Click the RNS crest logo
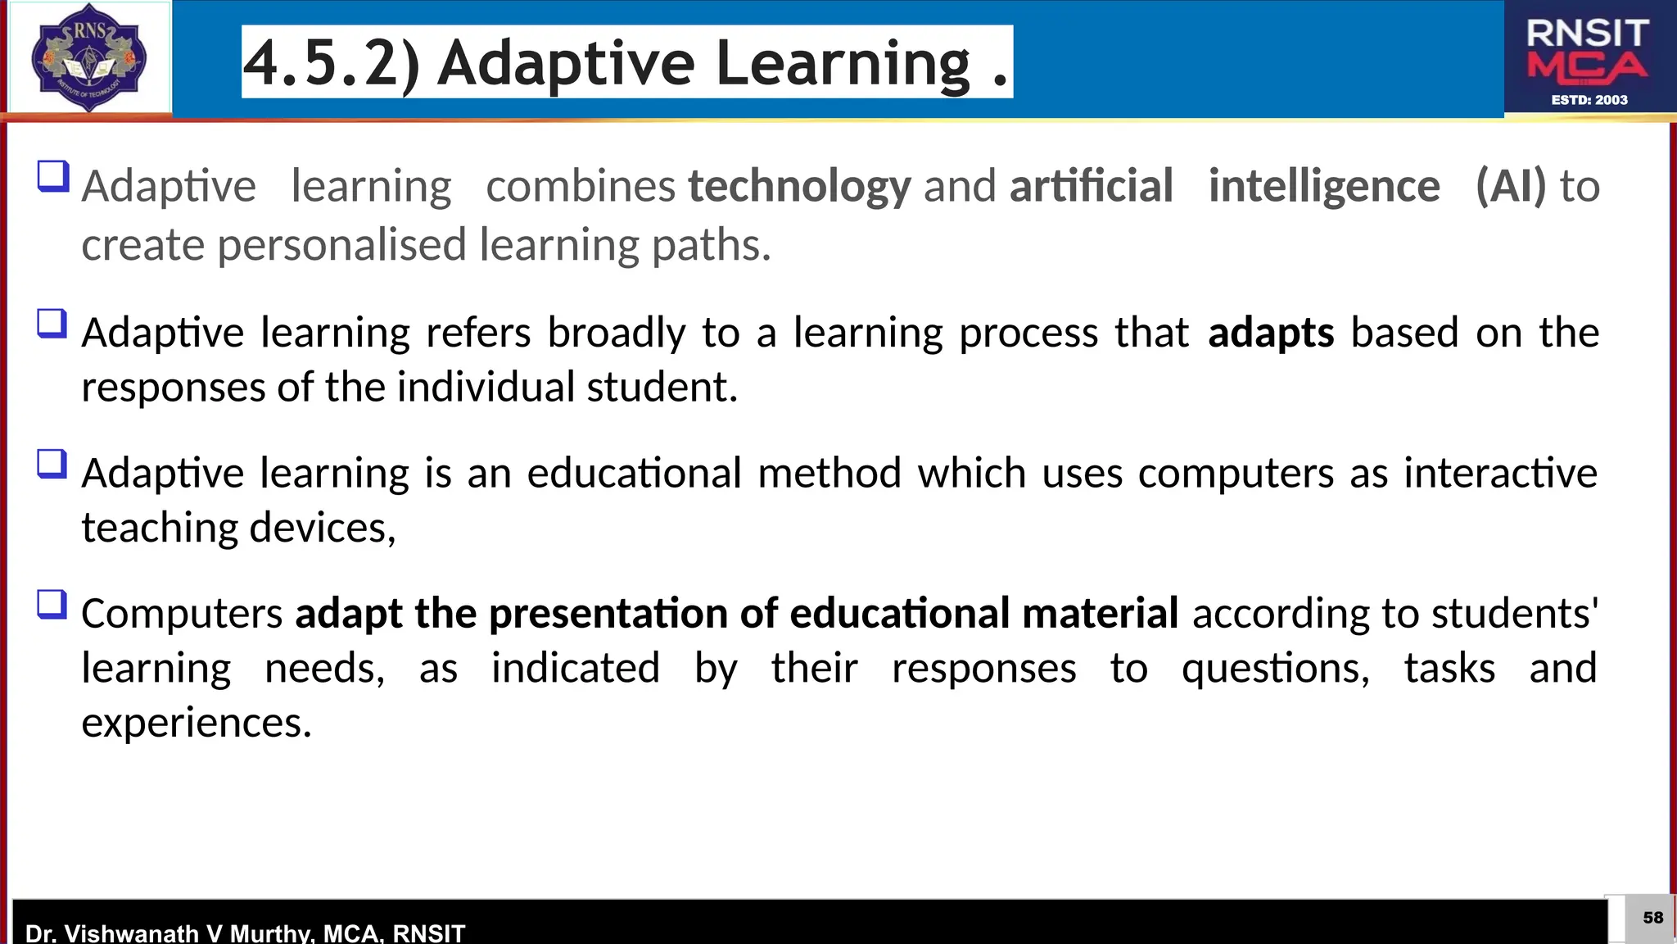[88, 57]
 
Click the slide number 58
[1652, 918]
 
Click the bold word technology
[799, 187]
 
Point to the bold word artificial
[1091, 187]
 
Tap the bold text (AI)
[1510, 187]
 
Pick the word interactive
[1500, 474]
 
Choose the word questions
[1275, 669]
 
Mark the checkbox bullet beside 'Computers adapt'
[52, 606]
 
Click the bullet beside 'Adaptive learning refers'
[52, 324]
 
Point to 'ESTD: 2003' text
[1589, 100]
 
